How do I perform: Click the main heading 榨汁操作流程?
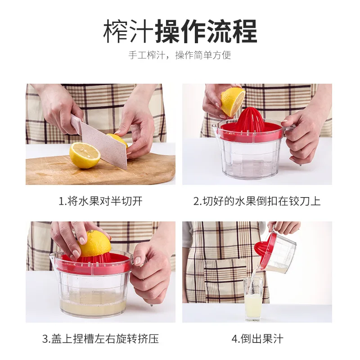point(180,31)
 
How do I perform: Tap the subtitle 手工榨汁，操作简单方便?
point(180,55)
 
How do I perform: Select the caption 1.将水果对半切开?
point(100,201)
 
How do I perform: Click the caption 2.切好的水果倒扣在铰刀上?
point(257,201)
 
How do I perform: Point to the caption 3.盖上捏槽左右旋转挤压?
point(100,339)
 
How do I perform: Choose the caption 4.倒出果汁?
point(257,339)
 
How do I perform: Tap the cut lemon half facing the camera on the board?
point(85,155)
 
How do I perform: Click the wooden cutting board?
point(100,170)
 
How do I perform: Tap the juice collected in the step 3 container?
point(93,303)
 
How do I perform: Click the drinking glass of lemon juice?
point(253,299)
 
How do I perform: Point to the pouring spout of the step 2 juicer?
point(215,127)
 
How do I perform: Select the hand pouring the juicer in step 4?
point(285,227)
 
